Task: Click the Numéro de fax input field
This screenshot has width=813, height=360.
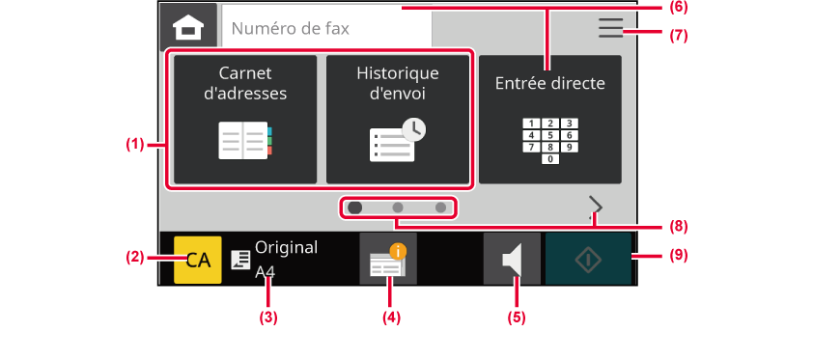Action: (x=326, y=28)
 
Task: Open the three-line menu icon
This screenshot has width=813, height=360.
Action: (x=610, y=28)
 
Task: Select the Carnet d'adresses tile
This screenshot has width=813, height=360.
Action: (x=245, y=120)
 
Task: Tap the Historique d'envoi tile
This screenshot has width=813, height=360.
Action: (x=398, y=120)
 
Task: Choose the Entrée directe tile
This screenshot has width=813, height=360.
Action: (x=550, y=120)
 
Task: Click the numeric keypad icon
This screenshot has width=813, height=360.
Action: (x=550, y=141)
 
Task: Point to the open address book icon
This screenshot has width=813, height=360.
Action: (x=245, y=140)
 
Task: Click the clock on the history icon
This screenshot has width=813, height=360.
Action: (x=414, y=130)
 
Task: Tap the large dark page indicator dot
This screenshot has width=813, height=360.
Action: (x=355, y=208)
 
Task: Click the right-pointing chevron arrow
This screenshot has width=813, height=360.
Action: (x=597, y=207)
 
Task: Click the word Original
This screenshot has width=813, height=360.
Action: (x=286, y=248)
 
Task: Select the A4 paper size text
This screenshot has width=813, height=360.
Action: (x=265, y=272)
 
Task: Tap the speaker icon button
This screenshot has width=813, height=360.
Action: (x=512, y=259)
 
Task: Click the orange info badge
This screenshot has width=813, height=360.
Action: (x=398, y=252)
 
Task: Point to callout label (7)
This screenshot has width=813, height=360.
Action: (x=678, y=36)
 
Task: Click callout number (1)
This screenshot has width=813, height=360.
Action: (x=135, y=145)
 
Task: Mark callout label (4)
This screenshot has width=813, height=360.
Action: (x=391, y=318)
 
